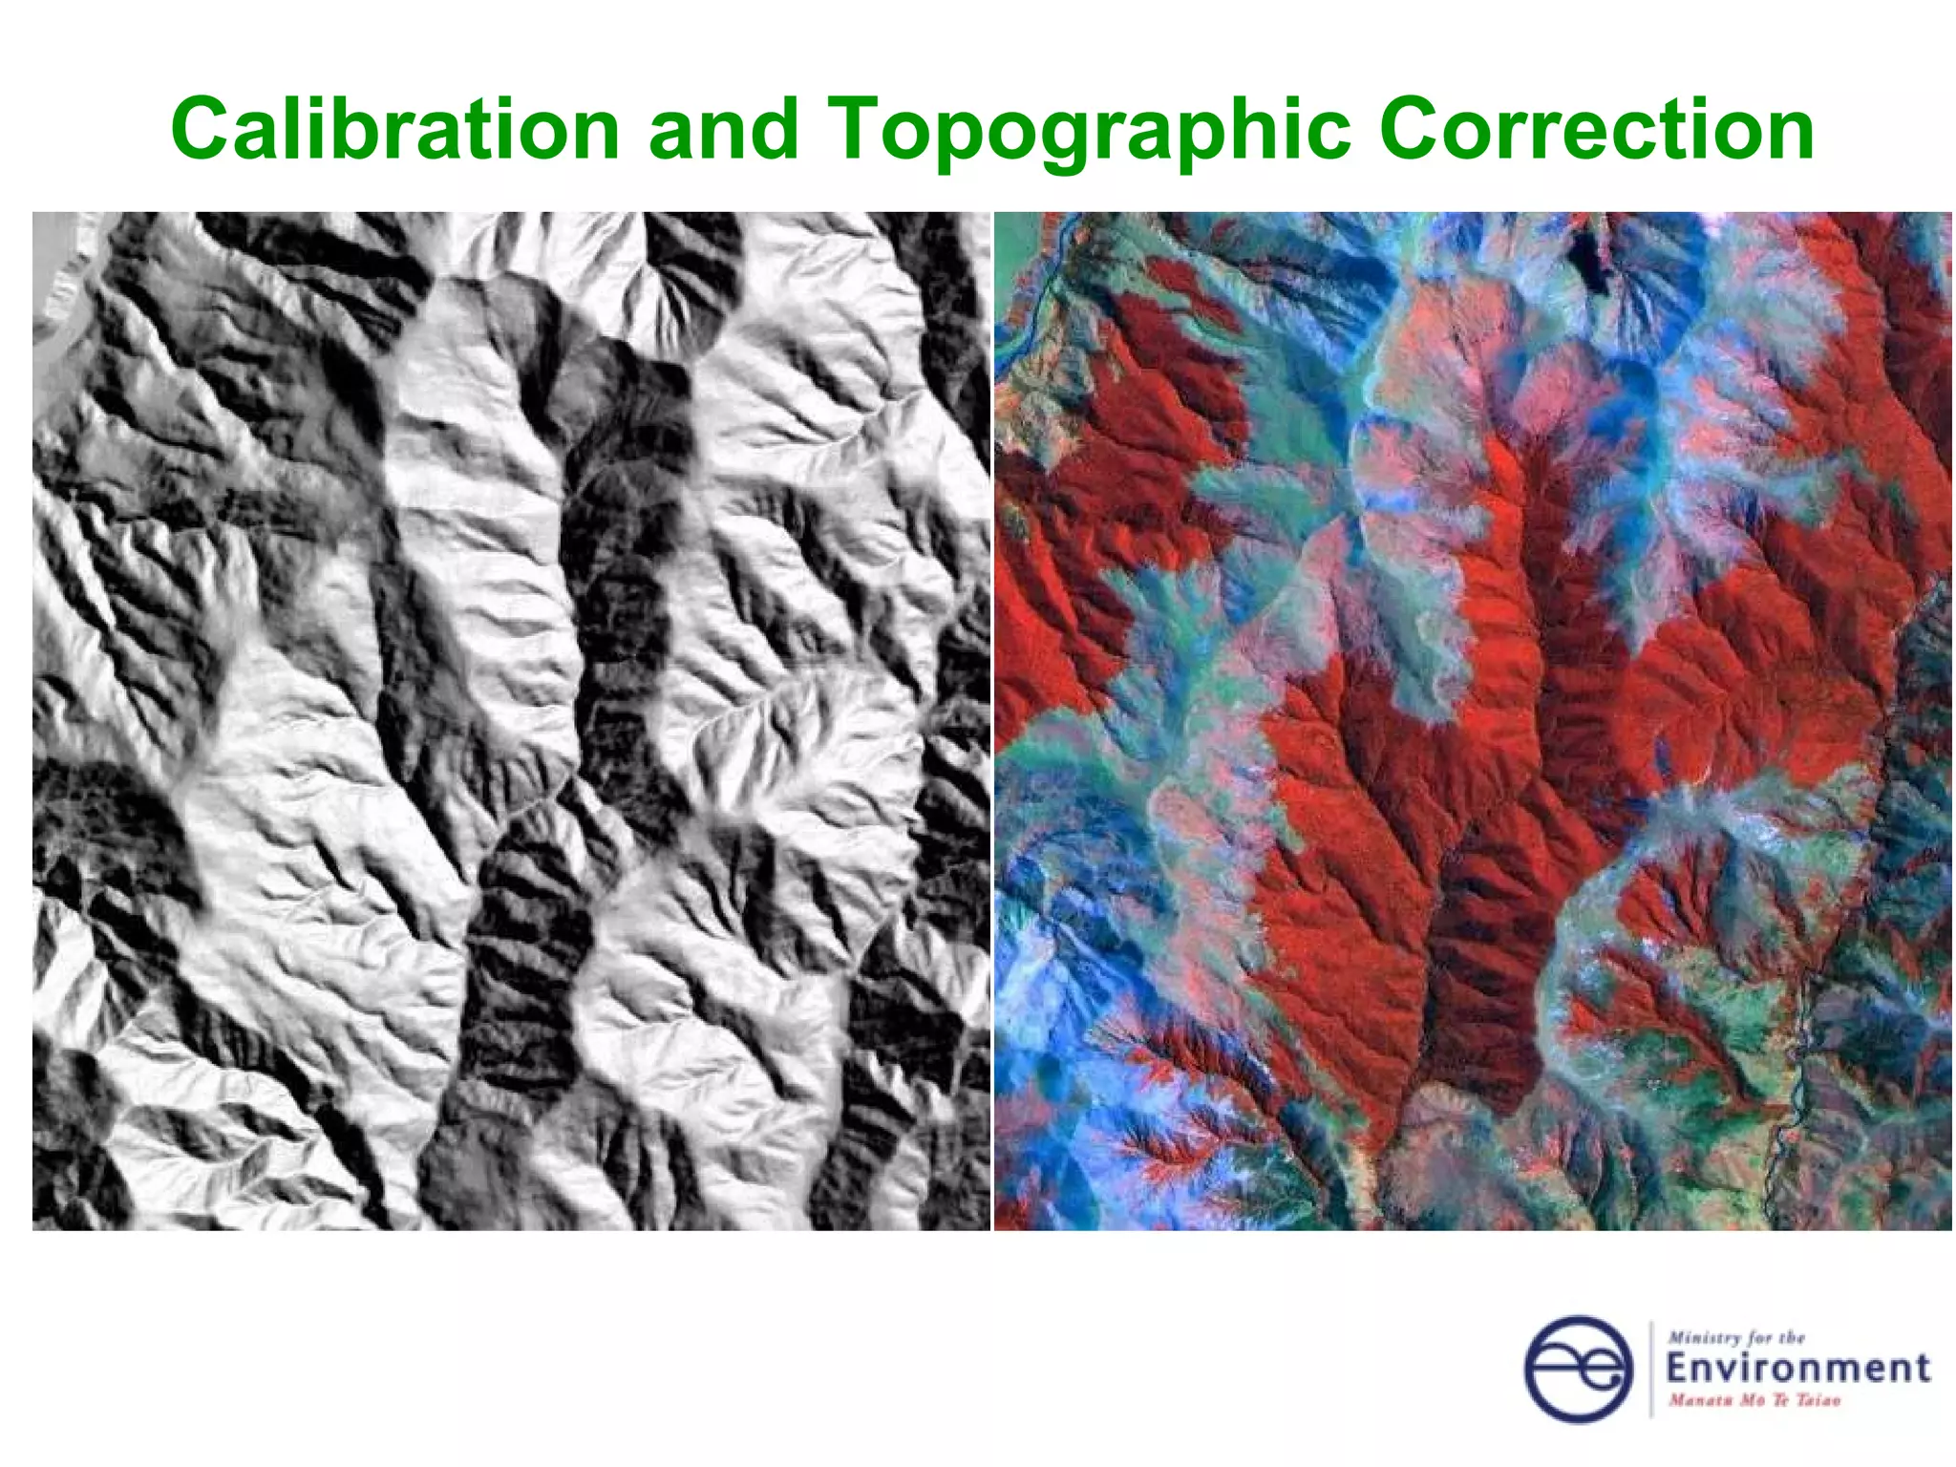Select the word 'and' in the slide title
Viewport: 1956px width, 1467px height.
click(723, 130)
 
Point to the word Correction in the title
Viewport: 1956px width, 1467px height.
click(1596, 130)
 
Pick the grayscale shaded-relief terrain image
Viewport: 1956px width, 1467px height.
click(511, 720)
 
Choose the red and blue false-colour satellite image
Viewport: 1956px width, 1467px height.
click(1472, 720)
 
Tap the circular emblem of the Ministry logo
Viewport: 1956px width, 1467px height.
click(1578, 1369)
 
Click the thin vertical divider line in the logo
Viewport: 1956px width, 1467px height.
click(1651, 1369)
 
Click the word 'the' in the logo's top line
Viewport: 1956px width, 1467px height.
click(1792, 1338)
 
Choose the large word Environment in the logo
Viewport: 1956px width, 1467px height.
click(1797, 1369)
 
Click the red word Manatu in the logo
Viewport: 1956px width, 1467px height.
click(1696, 1400)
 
